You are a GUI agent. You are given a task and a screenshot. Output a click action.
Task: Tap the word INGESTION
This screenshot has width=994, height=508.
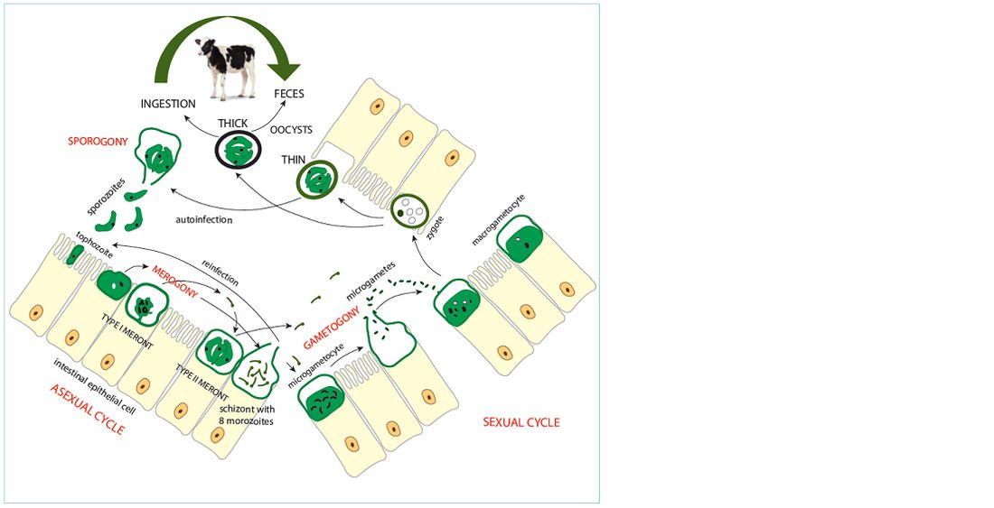click(168, 103)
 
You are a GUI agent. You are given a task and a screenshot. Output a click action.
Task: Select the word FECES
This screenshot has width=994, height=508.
click(288, 94)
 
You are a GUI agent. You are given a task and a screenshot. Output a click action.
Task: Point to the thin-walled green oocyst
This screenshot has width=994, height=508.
click(316, 180)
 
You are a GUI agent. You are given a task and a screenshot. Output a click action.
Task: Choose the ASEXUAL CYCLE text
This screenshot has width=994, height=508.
click(85, 408)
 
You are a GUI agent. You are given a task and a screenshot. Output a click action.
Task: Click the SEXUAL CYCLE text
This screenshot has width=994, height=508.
click(521, 421)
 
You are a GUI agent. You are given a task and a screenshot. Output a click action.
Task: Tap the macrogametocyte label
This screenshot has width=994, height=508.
click(499, 219)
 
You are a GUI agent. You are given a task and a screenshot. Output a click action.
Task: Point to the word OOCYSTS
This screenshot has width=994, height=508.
click(292, 130)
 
